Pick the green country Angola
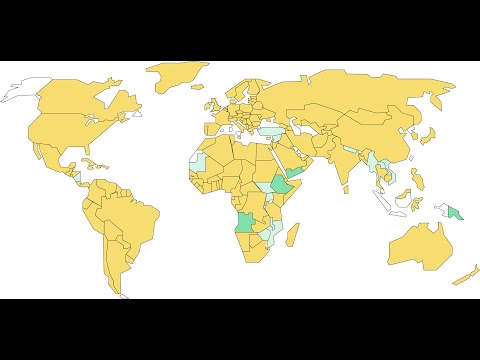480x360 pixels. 244,222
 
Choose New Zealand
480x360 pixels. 463,274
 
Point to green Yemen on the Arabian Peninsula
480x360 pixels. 296,172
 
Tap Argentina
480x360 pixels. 115,265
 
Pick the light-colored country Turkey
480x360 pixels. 270,131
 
